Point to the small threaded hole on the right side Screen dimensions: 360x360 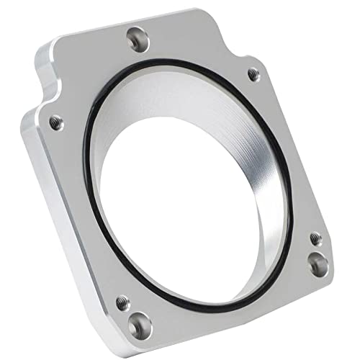315,238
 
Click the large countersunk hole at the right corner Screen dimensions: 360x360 318,264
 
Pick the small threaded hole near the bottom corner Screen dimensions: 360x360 122,305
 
